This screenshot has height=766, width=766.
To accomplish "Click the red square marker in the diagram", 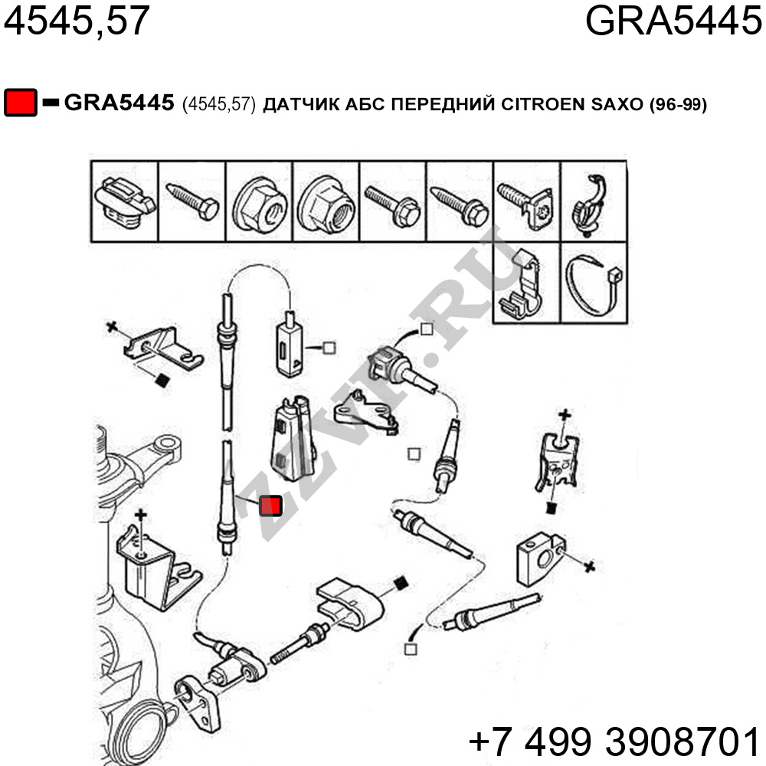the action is pos(270,506).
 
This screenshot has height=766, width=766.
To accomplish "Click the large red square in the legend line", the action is pos(21,103).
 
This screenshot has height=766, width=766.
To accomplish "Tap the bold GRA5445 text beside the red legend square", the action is pos(119,103).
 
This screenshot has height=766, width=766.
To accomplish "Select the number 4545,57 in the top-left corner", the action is pos(77,21).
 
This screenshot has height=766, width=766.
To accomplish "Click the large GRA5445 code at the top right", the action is pos(673,21).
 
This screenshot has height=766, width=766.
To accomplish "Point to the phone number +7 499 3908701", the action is pos(614,741).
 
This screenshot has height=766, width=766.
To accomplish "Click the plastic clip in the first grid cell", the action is pos(125,202).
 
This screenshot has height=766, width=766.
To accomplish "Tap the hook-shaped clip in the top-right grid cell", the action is pos(590,205).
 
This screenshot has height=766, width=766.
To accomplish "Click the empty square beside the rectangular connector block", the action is pos(329,348).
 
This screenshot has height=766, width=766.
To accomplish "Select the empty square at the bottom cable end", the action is pos(411,650).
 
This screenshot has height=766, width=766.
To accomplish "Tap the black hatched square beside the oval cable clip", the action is pos(401,583).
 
